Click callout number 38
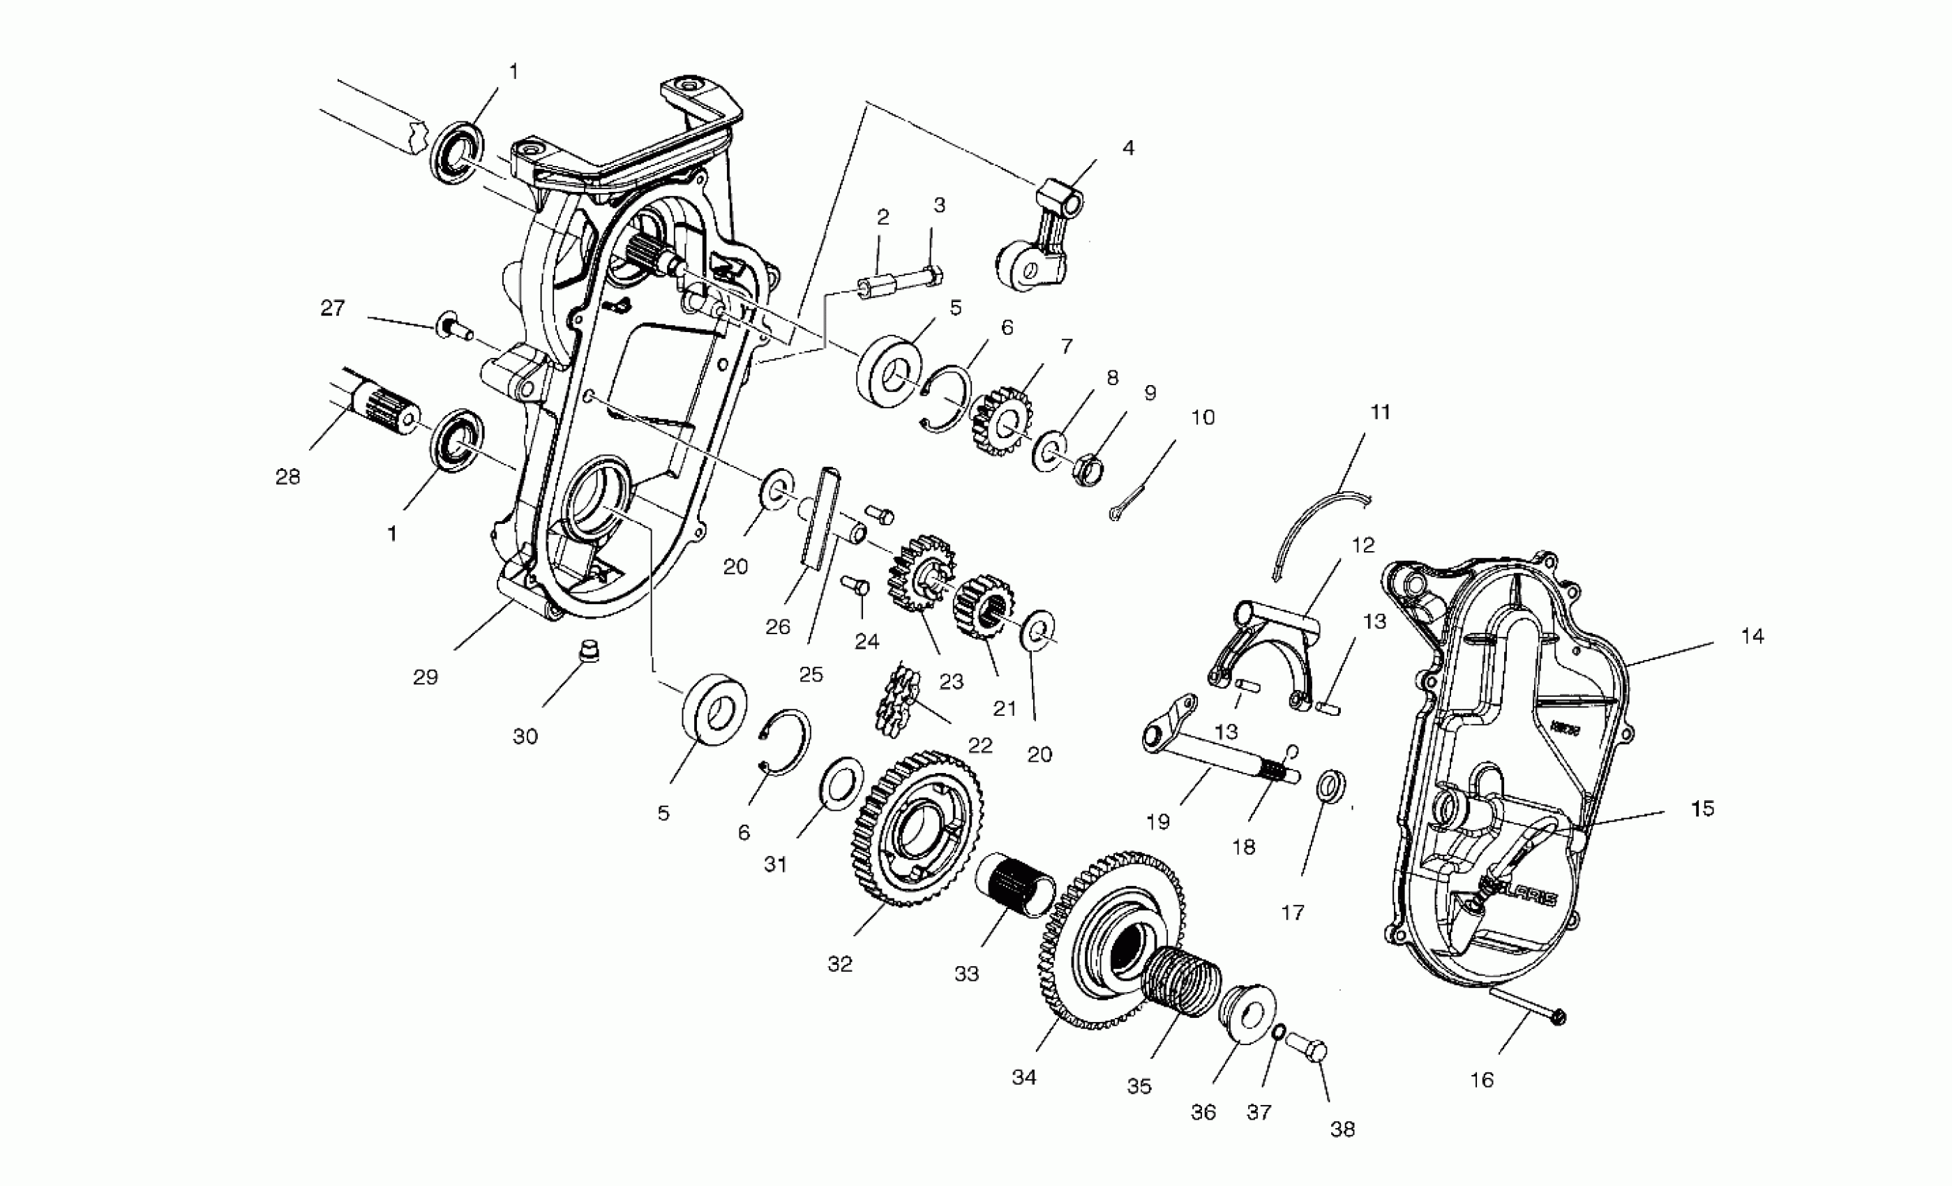(x=1342, y=1129)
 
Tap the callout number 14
(x=1752, y=636)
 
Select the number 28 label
(x=287, y=477)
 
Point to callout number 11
(x=1380, y=412)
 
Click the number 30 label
(x=525, y=737)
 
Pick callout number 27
(x=333, y=308)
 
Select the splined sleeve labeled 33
(x=1016, y=886)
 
